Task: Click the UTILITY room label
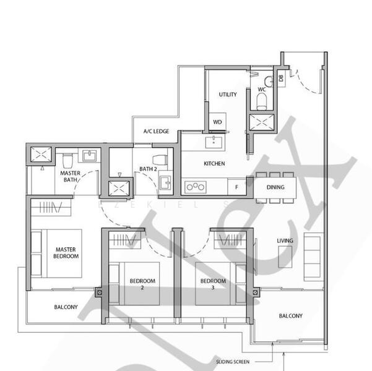tap(228, 95)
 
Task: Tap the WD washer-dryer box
tap(217, 122)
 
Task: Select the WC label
tap(262, 90)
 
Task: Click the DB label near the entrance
tap(280, 79)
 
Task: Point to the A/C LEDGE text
tap(156, 132)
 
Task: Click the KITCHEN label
tap(214, 164)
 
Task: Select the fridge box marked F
tap(236, 185)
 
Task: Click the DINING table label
tap(275, 187)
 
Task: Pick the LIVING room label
tap(285, 241)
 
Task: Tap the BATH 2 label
tap(147, 169)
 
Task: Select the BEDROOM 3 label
tap(214, 284)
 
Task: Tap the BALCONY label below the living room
tap(290, 315)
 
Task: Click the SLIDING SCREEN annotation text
tap(233, 361)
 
